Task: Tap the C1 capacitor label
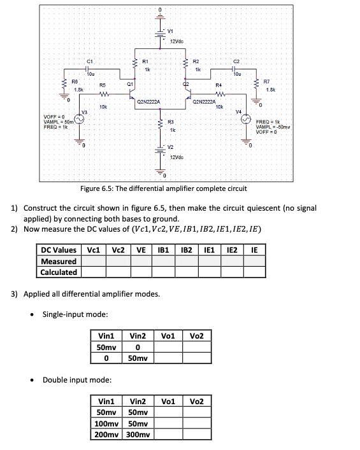pos(90,60)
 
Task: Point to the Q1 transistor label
pos(129,84)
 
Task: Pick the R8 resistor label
pos(75,82)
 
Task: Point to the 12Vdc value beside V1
pos(178,41)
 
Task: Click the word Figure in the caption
pos(91,189)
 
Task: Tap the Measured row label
pos(59,262)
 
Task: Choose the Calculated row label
pos(59,272)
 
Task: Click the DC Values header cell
pos(59,250)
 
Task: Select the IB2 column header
pos(186,250)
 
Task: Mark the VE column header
pos(141,250)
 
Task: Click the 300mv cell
pos(138,435)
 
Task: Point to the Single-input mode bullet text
pos(75,314)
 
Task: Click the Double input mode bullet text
pos(76,381)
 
